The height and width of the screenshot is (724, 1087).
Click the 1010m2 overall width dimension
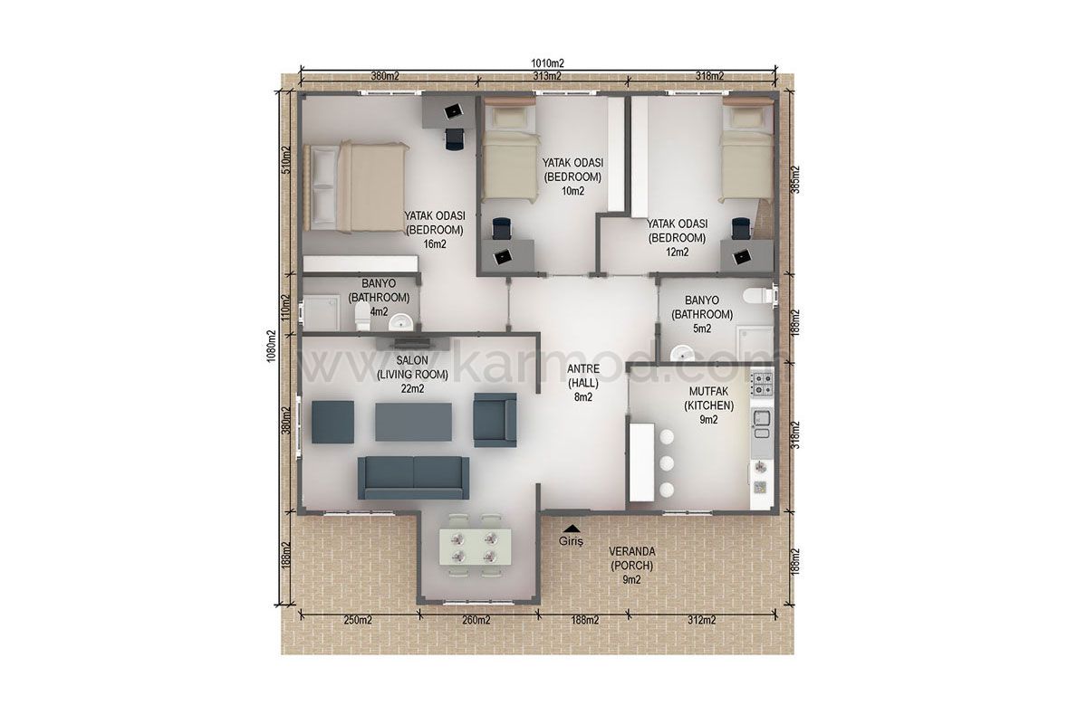pyautogui.click(x=547, y=63)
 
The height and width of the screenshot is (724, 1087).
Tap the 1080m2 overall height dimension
pyautogui.click(x=271, y=347)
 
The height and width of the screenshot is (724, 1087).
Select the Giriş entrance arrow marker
pyautogui.click(x=572, y=529)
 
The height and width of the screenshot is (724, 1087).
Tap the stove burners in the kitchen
pyautogui.click(x=762, y=384)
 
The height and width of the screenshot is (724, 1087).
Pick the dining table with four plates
pyautogui.click(x=475, y=547)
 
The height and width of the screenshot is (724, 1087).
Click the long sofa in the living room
pyautogui.click(x=413, y=478)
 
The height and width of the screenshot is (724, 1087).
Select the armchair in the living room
pyautogui.click(x=495, y=419)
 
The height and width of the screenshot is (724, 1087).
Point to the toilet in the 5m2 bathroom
pyautogui.click(x=758, y=295)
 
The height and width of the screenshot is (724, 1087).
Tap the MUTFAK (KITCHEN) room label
pyautogui.click(x=708, y=398)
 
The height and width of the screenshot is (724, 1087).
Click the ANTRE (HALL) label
pyautogui.click(x=583, y=376)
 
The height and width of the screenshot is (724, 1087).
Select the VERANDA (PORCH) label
pyautogui.click(x=632, y=558)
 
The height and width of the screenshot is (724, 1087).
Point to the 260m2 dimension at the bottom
pyautogui.click(x=476, y=620)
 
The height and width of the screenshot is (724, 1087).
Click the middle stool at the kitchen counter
pyautogui.click(x=667, y=463)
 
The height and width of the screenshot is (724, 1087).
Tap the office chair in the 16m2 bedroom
pyautogui.click(x=454, y=138)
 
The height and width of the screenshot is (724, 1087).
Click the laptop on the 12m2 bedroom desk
pyautogui.click(x=742, y=256)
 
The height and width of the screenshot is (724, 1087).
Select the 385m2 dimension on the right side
pyautogui.click(x=795, y=180)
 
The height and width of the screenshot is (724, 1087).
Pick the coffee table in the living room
pyautogui.click(x=413, y=422)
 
